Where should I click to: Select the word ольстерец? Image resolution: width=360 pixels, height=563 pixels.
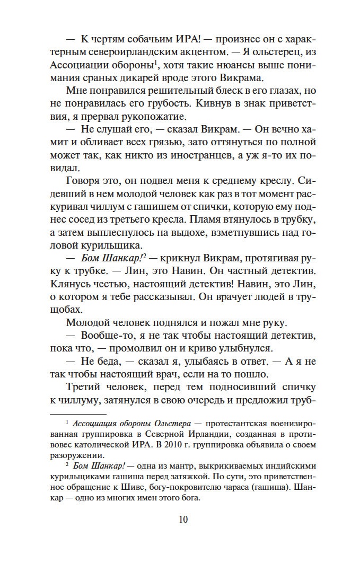tap(287, 52)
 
